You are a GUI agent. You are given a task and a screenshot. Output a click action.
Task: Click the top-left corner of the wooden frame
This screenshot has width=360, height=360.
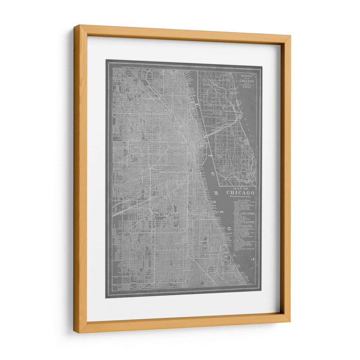coord(76,27)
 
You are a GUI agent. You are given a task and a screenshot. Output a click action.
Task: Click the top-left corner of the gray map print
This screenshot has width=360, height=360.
coord(107,60)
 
